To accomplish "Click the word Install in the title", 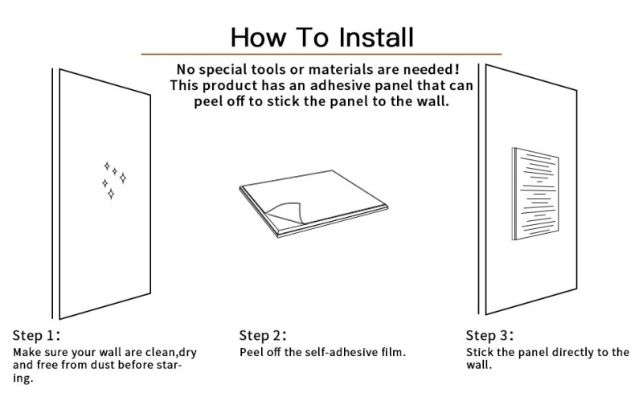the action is click(376, 37).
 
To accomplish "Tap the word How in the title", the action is click(257, 37).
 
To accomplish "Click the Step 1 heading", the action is click(36, 335).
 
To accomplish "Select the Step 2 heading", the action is click(263, 335).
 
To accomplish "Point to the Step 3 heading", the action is click(489, 335).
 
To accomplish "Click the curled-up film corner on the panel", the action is click(287, 212).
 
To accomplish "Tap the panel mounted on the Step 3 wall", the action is click(535, 194).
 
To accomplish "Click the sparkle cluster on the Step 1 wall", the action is click(114, 180).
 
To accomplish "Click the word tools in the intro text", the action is click(268, 69).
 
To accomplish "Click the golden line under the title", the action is click(321, 54).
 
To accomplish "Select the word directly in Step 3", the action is click(572, 353).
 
